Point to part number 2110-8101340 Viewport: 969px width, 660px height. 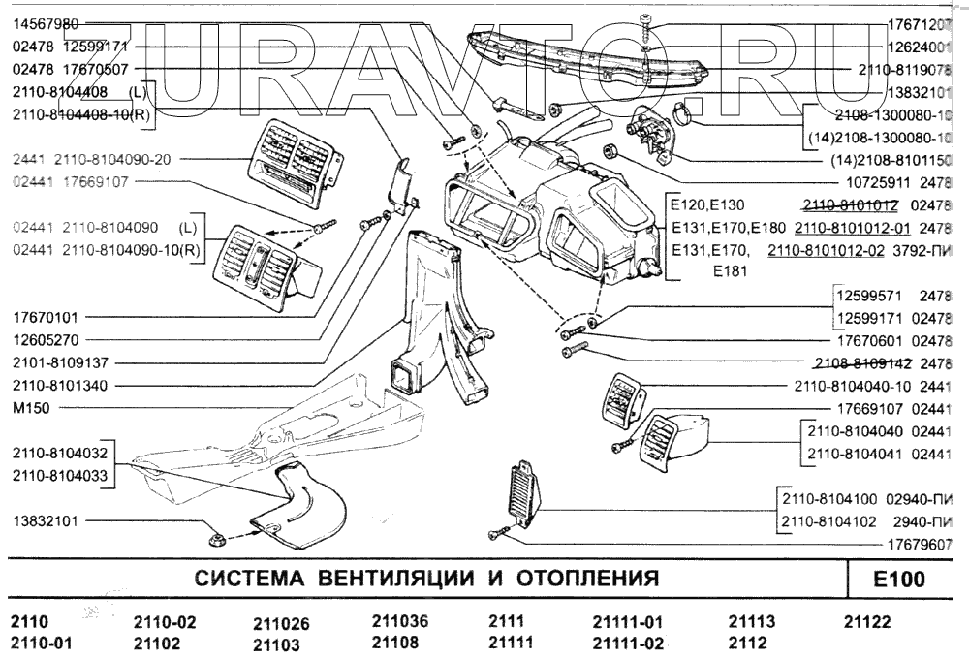(x=60, y=385)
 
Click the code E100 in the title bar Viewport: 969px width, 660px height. (x=898, y=581)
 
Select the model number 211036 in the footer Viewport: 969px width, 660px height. (x=400, y=621)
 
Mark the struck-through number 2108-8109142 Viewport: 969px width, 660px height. (x=859, y=363)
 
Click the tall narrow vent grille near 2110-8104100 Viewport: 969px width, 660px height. (x=521, y=492)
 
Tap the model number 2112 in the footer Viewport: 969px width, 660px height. (x=747, y=643)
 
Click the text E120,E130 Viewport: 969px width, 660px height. (x=706, y=205)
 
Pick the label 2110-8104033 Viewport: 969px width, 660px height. (x=60, y=475)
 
